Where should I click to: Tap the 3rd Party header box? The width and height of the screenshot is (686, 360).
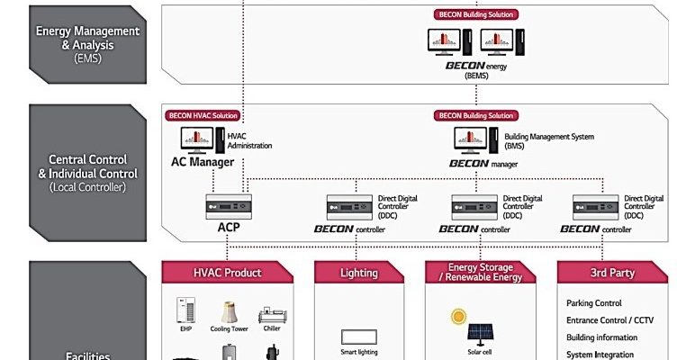point(611,273)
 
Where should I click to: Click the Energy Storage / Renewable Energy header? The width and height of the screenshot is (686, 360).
point(480,272)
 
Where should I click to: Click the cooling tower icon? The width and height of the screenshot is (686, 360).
point(229,314)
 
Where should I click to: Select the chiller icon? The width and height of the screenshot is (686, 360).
point(272,316)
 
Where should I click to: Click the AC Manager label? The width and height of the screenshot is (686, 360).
point(203,162)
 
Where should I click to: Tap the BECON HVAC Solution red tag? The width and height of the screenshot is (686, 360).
point(202,116)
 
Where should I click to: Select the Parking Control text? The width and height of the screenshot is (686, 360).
point(594,303)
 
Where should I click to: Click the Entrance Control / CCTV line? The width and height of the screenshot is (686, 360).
point(609,320)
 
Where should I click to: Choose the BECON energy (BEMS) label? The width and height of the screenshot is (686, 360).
point(476,70)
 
